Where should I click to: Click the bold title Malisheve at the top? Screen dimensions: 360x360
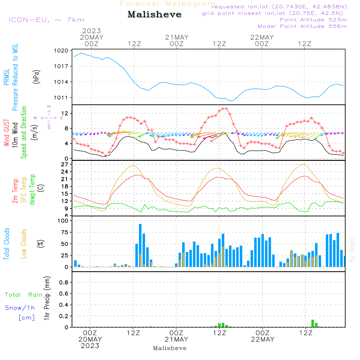[154, 15]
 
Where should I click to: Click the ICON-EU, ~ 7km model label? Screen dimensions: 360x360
[46, 20]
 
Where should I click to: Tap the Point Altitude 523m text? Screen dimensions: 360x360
[313, 20]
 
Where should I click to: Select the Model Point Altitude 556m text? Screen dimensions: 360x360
[302, 26]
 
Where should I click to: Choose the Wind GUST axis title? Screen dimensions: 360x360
[6, 134]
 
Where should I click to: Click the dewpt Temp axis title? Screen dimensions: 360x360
[33, 190]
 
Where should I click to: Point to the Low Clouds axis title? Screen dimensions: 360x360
[24, 244]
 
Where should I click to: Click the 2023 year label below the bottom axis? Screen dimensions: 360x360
[90, 346]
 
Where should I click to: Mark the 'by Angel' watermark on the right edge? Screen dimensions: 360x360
[352, 249]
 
